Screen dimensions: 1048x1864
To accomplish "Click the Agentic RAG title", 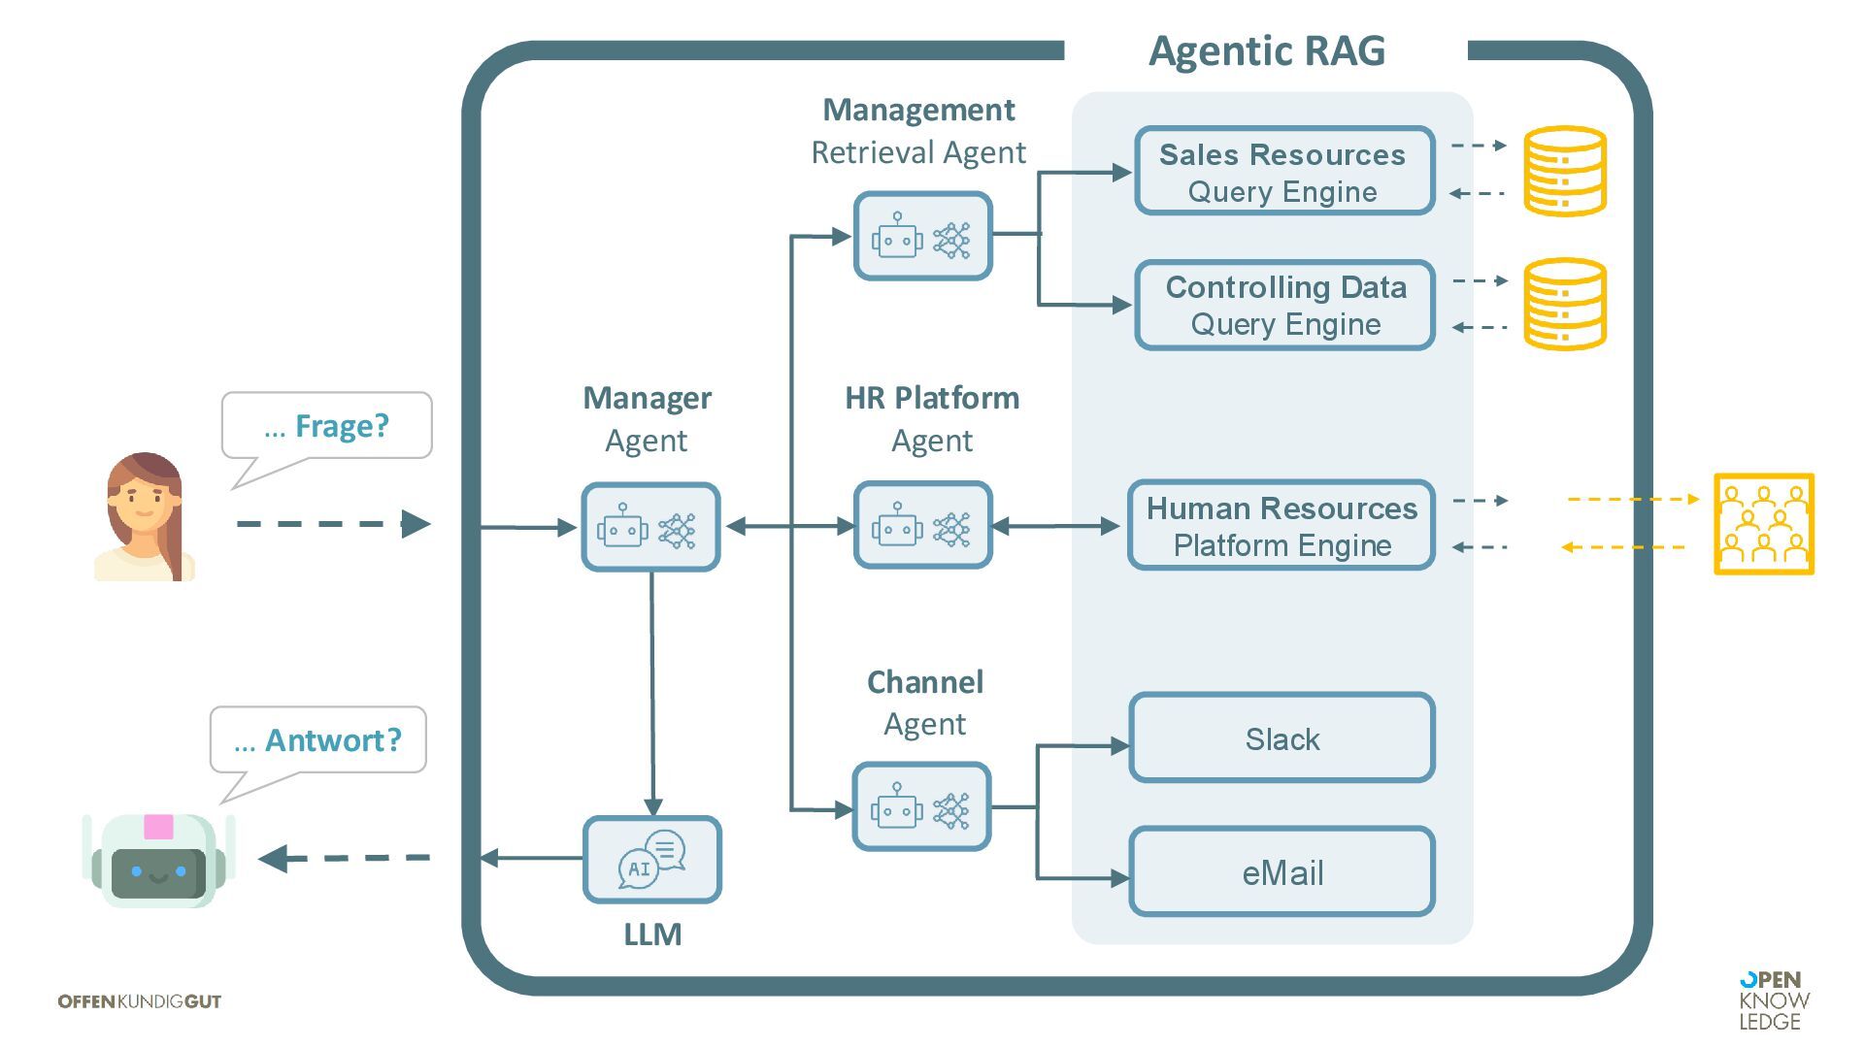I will tap(1266, 50).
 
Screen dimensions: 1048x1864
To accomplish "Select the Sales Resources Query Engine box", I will tap(1283, 172).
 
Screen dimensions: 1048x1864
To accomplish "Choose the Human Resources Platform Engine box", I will tap(1281, 526).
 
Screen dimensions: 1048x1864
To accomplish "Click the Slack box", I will tap(1281, 738).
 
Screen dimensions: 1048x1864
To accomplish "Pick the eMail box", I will tap(1281, 872).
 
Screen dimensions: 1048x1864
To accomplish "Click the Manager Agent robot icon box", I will tap(650, 528).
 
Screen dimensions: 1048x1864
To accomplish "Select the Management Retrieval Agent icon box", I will tap(922, 237).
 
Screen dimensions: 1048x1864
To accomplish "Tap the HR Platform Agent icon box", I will tap(922, 526).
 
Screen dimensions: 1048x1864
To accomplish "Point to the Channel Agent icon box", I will tap(921, 807).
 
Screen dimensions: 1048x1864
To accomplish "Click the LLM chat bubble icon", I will tap(652, 860).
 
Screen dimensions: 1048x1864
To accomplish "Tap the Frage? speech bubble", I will tap(326, 426).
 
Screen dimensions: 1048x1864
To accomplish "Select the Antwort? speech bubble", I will tap(317, 740).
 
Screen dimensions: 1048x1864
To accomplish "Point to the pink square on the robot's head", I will tap(158, 827).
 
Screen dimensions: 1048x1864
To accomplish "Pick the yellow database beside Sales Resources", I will tap(1564, 171).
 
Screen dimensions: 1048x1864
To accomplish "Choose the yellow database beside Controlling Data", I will tap(1564, 304).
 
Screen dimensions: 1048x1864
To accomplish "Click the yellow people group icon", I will tap(1763, 524).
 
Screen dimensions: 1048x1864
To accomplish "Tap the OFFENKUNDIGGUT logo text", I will tap(140, 1001).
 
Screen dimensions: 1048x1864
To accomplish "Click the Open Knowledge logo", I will tap(1774, 1000).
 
